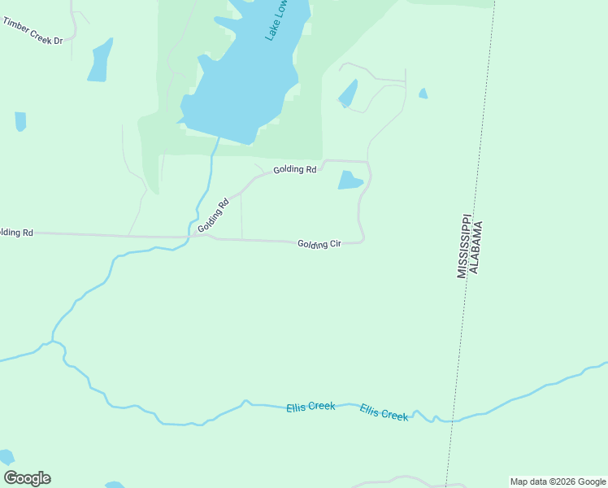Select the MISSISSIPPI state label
click(463, 246)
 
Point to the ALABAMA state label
click(477, 246)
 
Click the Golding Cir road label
click(319, 244)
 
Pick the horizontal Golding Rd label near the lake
click(294, 169)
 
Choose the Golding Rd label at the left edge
click(16, 233)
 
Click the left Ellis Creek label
click(311, 407)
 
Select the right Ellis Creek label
click(384, 413)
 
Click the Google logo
click(28, 478)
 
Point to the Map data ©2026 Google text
click(558, 481)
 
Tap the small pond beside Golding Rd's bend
click(350, 181)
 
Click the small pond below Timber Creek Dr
click(100, 61)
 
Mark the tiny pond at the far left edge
click(20, 121)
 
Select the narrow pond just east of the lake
click(349, 94)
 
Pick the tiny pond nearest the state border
click(423, 94)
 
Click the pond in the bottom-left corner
click(7, 458)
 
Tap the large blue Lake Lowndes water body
click(236, 89)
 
